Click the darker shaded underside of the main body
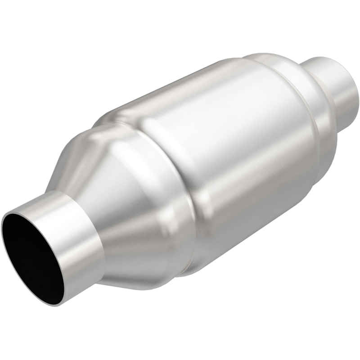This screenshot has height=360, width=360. point(252,216)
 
